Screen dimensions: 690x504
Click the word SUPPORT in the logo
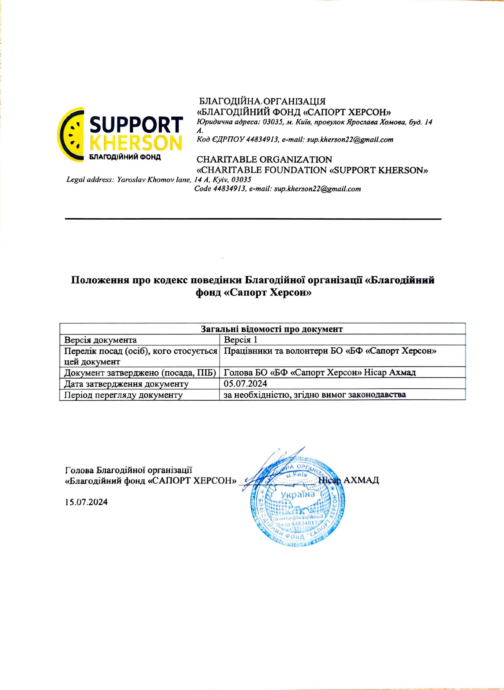136,125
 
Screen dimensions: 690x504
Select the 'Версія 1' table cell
241,340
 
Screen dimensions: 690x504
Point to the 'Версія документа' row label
100,340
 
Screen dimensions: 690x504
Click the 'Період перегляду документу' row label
123,395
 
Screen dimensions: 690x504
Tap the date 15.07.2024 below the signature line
86,502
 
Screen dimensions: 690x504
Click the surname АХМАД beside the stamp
361,480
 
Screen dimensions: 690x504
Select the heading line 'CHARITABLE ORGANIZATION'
264,160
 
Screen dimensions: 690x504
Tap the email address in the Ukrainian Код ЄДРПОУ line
350,140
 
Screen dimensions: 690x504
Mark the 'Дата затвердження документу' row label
126,384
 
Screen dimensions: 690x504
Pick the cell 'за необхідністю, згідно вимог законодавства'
315,395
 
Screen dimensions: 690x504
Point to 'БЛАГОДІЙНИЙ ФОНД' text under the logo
124,157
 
